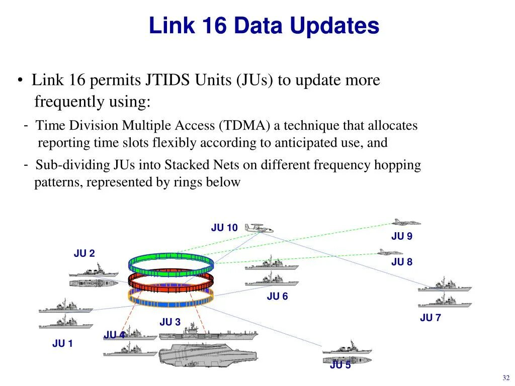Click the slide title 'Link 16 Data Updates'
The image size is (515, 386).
[x=264, y=26]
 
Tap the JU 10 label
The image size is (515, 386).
[x=224, y=228]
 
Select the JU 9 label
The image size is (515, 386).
[x=402, y=236]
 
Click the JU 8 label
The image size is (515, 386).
[x=402, y=262]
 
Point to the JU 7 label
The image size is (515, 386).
[x=430, y=318]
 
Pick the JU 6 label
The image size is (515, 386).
[x=277, y=297]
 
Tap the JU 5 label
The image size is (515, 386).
[x=340, y=365]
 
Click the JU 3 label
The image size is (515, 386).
[x=170, y=322]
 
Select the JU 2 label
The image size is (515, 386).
[x=84, y=254]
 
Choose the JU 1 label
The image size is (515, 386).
[x=62, y=344]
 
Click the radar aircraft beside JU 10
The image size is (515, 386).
[x=259, y=229]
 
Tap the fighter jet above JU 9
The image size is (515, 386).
[x=406, y=222]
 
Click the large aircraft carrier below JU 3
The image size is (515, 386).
[x=207, y=354]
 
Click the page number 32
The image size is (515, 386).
[x=506, y=378]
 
